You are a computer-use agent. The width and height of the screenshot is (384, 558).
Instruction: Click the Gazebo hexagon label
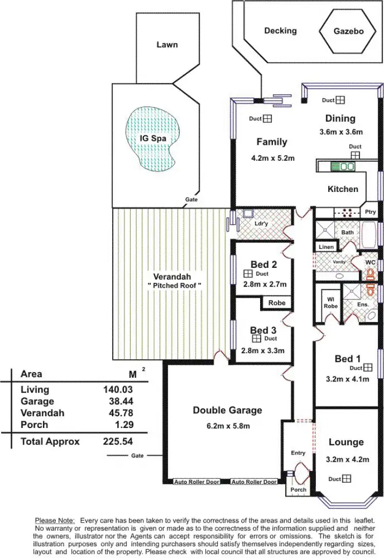348,31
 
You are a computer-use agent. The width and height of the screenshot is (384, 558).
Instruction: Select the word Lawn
167,45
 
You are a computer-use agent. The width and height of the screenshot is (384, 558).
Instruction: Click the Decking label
280,31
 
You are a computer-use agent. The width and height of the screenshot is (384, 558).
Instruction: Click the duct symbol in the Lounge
347,479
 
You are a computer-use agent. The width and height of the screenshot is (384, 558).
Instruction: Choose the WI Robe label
330,303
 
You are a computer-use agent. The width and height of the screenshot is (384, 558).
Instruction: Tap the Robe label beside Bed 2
276,303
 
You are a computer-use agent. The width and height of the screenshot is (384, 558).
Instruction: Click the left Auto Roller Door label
197,482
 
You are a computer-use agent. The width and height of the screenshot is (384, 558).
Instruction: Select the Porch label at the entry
298,489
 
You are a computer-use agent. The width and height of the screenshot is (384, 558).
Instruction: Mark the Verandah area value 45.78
118,413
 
